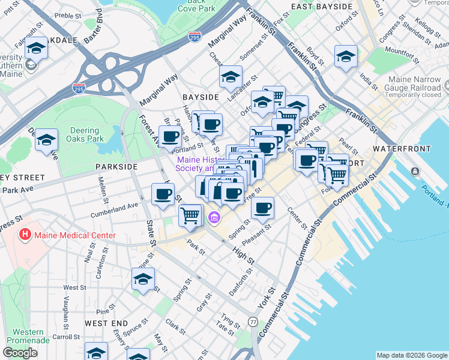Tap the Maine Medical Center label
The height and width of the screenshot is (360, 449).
click(74, 235)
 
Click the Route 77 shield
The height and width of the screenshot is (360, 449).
click(253, 322)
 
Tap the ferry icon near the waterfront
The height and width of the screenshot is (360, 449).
click(415, 172)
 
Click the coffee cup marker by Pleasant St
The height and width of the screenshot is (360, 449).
click(262, 208)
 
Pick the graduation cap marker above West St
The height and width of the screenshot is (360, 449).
click(143, 279)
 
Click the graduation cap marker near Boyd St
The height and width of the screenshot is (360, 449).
click(346, 57)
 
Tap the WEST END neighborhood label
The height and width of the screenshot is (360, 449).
click(105, 323)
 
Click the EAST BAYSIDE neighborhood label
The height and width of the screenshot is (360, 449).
click(322, 7)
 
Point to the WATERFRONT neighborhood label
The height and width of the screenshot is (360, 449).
click(402, 148)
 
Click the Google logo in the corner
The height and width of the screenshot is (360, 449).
click(20, 353)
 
